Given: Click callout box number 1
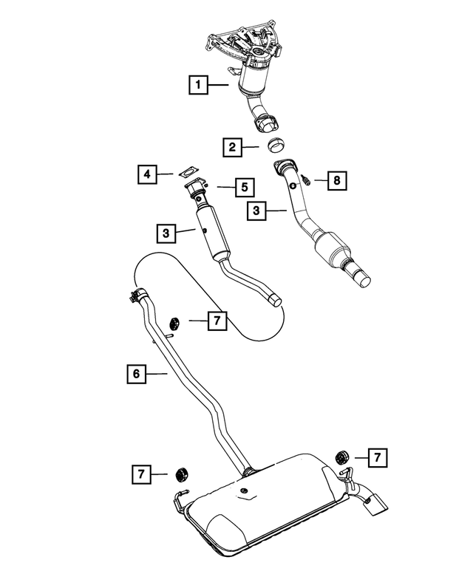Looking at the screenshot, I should pyautogui.click(x=197, y=86).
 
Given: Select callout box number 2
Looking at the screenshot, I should pyautogui.click(x=232, y=148).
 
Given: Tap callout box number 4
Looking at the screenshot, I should pyautogui.click(x=147, y=174).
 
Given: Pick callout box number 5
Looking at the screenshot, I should pyautogui.click(x=242, y=188).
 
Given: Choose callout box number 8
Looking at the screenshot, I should pyautogui.click(x=336, y=180).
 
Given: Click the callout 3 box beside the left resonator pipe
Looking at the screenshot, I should pyautogui.click(x=166, y=233).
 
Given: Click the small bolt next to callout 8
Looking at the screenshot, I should pyautogui.click(x=304, y=180).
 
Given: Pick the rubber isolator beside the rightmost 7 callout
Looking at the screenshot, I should pyautogui.click(x=341, y=456).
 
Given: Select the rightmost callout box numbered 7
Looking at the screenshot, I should pyautogui.click(x=376, y=458).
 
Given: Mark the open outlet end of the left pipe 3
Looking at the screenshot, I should pyautogui.click(x=275, y=299).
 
